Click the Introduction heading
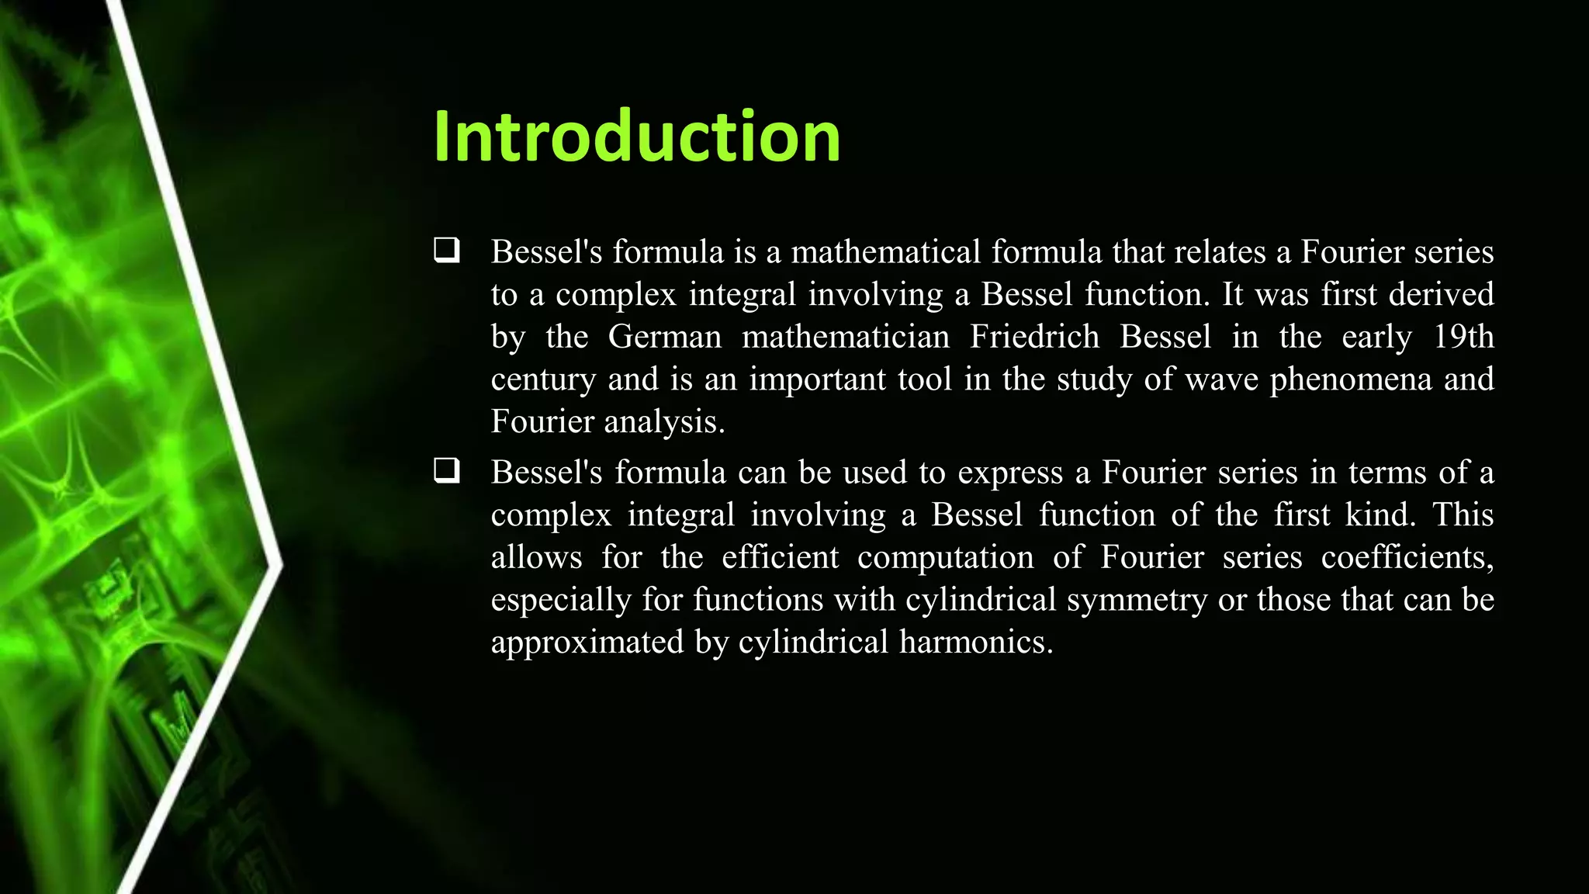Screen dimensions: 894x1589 point(637,137)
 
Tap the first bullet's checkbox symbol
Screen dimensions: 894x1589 point(447,251)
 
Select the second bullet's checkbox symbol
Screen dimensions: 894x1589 point(447,471)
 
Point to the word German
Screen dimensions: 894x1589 point(664,337)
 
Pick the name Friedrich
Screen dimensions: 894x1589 point(1034,337)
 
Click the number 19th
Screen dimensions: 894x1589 point(1463,337)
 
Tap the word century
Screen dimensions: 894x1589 point(543,380)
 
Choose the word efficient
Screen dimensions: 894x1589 point(780,557)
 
